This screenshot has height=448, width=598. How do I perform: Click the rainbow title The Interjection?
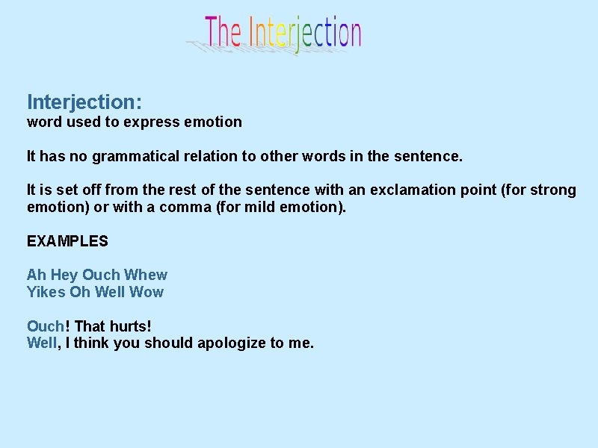click(x=283, y=34)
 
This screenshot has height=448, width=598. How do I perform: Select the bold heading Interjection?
click(x=84, y=102)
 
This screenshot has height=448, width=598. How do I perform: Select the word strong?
click(x=555, y=190)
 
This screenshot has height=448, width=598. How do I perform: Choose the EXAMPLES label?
click(x=67, y=241)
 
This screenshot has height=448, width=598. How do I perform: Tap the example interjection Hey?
click(x=64, y=275)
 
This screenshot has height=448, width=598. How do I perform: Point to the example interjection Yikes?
click(x=46, y=292)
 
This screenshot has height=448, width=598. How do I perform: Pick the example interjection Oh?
click(x=80, y=292)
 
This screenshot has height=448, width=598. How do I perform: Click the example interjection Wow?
click(x=147, y=292)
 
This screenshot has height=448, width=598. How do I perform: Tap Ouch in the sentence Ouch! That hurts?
click(x=46, y=326)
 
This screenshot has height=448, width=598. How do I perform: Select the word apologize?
click(x=231, y=343)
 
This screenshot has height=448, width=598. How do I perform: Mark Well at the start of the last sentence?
click(x=41, y=343)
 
